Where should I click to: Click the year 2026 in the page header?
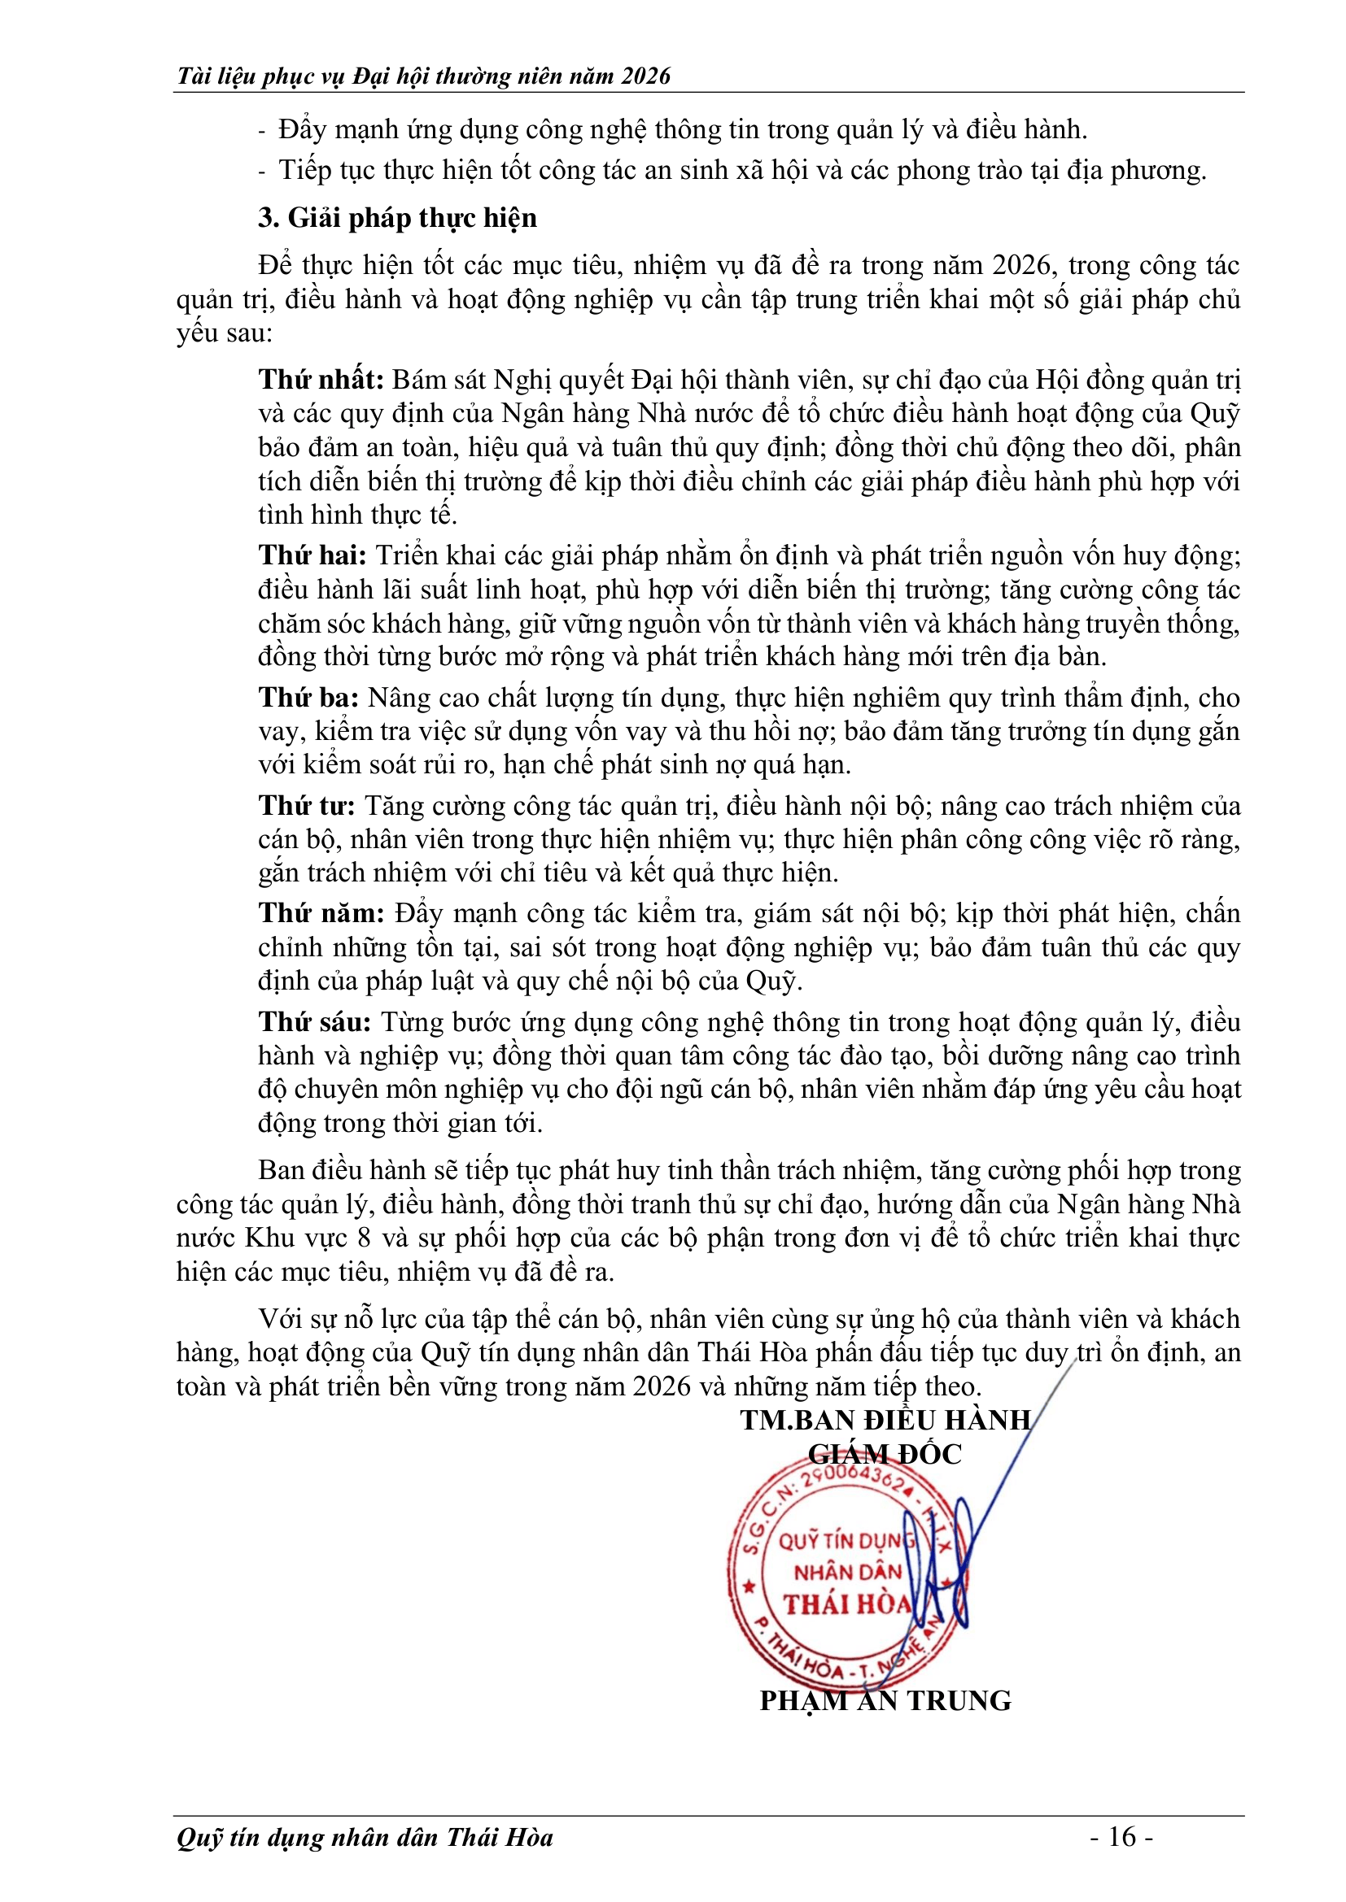click(645, 76)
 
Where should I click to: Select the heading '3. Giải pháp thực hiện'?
click(397, 218)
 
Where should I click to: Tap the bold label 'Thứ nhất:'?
click(321, 380)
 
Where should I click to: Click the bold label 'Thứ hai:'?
click(312, 555)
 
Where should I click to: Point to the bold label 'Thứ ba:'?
click(308, 698)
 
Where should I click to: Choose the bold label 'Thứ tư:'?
click(306, 805)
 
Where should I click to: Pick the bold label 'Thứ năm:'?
click(321, 913)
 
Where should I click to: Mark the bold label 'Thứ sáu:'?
click(314, 1021)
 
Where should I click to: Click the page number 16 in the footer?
click(1121, 1837)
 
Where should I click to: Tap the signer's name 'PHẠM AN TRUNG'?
click(885, 1700)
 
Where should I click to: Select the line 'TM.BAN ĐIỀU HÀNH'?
click(885, 1420)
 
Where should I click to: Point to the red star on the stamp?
click(749, 1587)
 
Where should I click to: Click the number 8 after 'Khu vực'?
click(363, 1238)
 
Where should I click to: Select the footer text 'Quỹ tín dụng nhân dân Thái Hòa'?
click(365, 1838)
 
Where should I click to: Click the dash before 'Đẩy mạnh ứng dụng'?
click(263, 131)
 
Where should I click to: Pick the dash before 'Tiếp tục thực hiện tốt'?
click(263, 172)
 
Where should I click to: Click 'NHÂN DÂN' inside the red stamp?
click(847, 1572)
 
